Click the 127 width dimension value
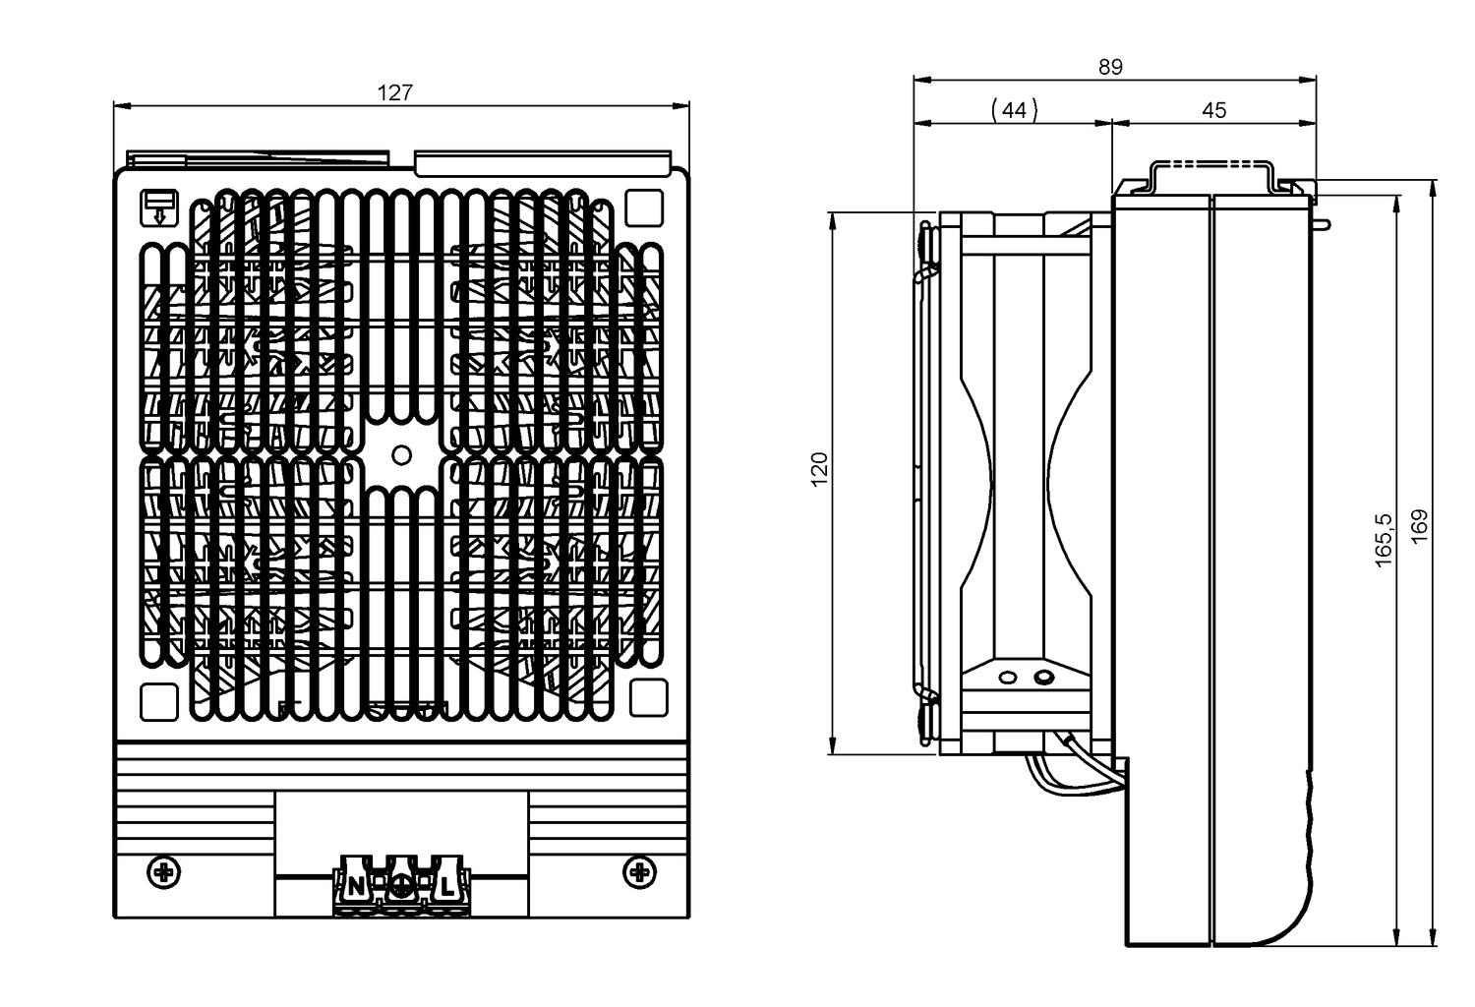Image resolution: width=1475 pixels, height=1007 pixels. [395, 92]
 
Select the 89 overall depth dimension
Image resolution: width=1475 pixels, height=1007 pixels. [1110, 67]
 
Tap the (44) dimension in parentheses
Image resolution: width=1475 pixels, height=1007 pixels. [1014, 110]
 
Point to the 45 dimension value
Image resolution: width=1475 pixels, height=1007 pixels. [1214, 110]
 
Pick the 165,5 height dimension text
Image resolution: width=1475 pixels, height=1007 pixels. [1385, 540]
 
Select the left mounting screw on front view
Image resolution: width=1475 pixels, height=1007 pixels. [163, 870]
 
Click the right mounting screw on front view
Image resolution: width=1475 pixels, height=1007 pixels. [640, 870]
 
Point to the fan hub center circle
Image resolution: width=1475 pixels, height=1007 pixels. [401, 454]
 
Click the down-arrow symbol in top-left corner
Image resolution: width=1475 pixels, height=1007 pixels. [159, 206]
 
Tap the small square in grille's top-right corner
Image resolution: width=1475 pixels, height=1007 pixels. [644, 207]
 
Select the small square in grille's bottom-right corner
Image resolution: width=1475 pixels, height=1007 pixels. [647, 698]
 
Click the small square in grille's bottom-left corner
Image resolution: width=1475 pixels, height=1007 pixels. [157, 701]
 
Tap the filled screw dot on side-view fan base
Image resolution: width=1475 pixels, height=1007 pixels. [1041, 678]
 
